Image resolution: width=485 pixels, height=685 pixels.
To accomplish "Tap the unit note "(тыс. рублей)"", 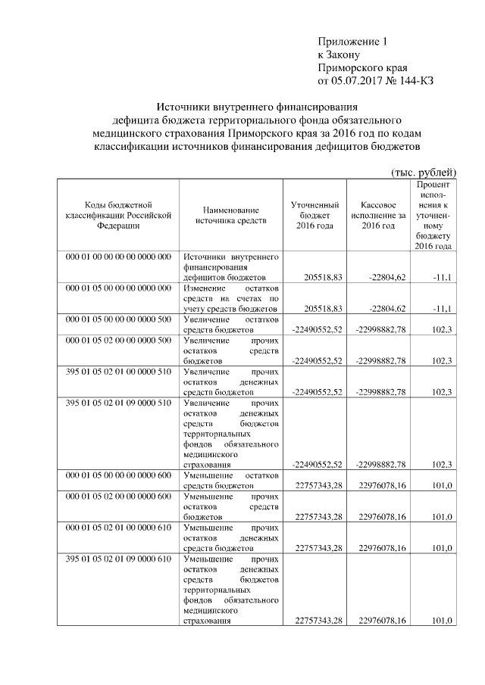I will coord(423,172).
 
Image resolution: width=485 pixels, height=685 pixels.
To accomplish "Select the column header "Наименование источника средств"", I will coord(231,215).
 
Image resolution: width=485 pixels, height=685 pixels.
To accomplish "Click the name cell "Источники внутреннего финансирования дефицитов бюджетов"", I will coord(231,267).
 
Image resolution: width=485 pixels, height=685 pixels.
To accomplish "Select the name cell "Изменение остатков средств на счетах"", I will coord(231,299).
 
